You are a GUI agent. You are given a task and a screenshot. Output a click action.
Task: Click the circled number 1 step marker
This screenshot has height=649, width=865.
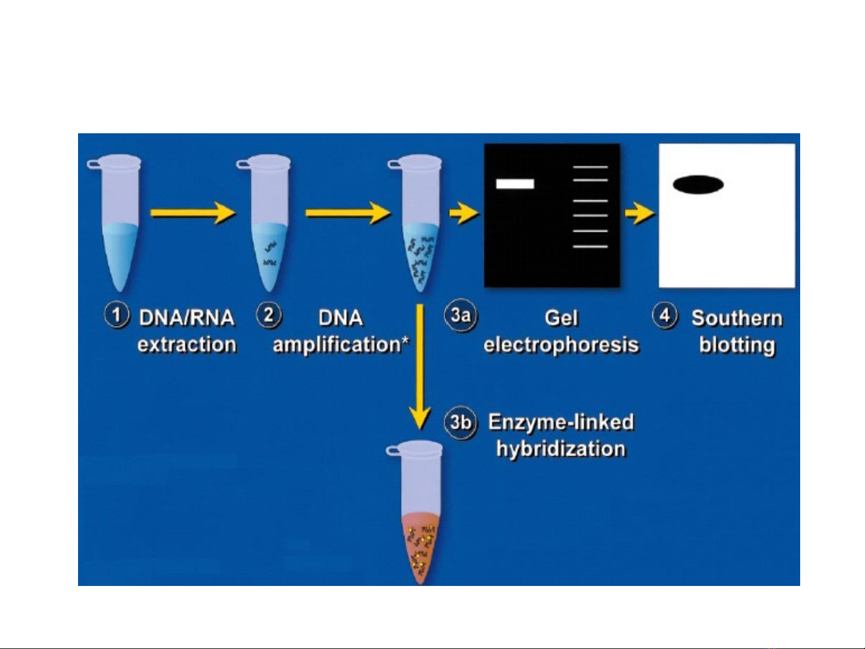(x=116, y=315)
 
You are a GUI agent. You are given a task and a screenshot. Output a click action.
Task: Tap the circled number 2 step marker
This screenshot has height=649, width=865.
(x=269, y=315)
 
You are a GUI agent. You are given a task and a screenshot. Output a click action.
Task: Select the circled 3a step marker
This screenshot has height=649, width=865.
(x=460, y=315)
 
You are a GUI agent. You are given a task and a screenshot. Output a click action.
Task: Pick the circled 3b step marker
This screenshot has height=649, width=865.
(x=460, y=422)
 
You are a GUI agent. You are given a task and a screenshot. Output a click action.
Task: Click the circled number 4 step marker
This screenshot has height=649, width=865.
(x=665, y=315)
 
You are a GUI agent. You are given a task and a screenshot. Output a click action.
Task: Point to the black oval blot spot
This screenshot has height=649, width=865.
(x=698, y=184)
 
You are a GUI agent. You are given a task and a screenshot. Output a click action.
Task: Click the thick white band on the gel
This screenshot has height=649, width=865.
(x=515, y=184)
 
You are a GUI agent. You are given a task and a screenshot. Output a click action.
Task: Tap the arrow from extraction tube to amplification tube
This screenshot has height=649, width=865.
(x=192, y=213)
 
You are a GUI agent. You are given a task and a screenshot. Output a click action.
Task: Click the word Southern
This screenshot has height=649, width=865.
(x=737, y=318)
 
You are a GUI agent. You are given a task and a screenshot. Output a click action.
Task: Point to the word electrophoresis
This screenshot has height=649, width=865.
(x=561, y=345)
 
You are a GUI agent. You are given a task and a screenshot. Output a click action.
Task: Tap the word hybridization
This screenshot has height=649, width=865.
(x=561, y=449)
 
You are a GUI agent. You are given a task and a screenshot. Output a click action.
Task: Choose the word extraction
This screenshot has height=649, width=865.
(x=187, y=345)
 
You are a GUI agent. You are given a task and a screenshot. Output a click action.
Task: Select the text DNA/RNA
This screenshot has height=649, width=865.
(x=186, y=318)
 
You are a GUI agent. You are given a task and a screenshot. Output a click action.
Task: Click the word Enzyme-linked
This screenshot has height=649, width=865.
(x=561, y=422)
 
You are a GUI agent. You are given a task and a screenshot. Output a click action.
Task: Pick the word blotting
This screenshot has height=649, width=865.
(x=737, y=345)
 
